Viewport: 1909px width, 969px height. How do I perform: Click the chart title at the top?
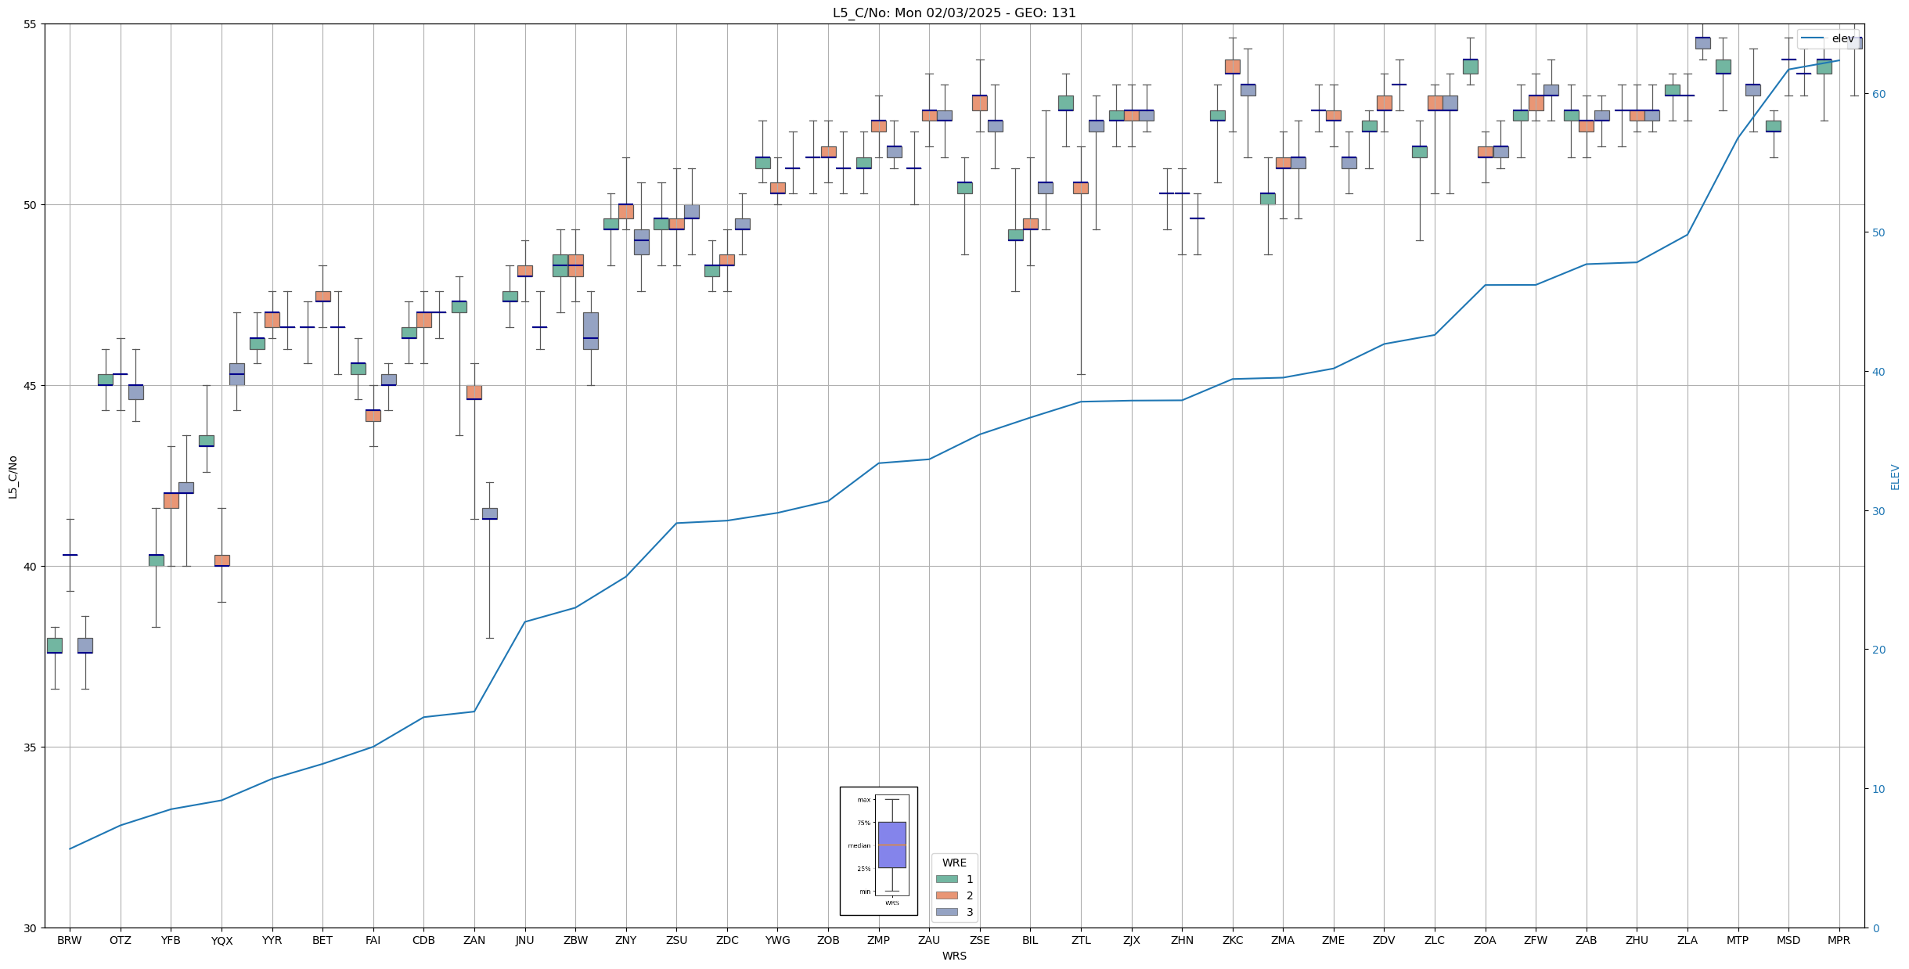pyautogui.click(x=954, y=13)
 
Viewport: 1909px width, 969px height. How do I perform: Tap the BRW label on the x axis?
pyautogui.click(x=70, y=940)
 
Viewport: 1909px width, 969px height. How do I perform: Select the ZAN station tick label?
pyautogui.click(x=474, y=940)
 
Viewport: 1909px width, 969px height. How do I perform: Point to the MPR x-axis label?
pyautogui.click(x=1839, y=940)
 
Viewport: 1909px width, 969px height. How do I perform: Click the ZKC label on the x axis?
pyautogui.click(x=1233, y=940)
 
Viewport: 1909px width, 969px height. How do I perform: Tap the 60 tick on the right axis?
pyautogui.click(x=1878, y=94)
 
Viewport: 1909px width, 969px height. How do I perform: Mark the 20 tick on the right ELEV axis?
pyautogui.click(x=1878, y=650)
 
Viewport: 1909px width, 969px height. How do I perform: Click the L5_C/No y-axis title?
pyautogui.click(x=13, y=477)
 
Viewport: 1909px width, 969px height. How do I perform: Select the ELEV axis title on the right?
pyautogui.click(x=1895, y=477)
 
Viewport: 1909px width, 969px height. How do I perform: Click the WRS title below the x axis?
pyautogui.click(x=954, y=956)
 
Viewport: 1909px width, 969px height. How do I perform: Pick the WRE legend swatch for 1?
pyautogui.click(x=946, y=879)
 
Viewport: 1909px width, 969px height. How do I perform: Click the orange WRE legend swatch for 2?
pyautogui.click(x=946, y=895)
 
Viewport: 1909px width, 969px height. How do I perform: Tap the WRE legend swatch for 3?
pyautogui.click(x=946, y=912)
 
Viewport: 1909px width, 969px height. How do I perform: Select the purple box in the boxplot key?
pyautogui.click(x=891, y=845)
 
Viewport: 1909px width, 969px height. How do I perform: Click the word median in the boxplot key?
pyautogui.click(x=859, y=845)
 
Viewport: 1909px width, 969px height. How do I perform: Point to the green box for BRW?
pyautogui.click(x=55, y=645)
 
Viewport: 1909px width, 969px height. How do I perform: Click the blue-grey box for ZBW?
pyautogui.click(x=591, y=330)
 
